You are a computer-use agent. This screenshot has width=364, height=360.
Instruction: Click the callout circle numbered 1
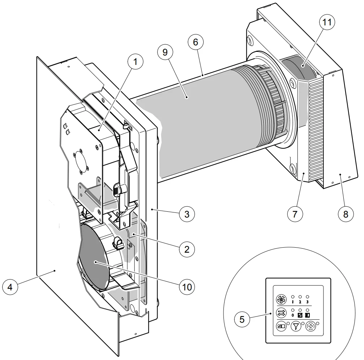135,62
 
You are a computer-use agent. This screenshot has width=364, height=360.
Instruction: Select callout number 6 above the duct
196,42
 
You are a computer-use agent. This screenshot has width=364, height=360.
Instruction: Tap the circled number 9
165,53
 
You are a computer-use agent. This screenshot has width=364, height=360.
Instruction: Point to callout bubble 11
327,22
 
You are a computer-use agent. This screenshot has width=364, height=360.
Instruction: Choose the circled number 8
346,214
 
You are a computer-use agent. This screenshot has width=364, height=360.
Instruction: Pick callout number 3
187,214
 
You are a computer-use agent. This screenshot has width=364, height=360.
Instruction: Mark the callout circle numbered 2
187,249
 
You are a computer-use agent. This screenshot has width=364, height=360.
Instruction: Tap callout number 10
187,287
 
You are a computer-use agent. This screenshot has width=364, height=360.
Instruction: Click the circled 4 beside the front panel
10,287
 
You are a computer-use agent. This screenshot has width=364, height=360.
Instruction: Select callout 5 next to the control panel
242,319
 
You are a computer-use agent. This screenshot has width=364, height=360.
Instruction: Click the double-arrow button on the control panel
281,312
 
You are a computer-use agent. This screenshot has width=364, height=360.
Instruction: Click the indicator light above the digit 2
300,296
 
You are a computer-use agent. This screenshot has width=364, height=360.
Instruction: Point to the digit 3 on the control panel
308,302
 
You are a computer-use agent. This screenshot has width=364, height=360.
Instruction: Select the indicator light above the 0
293,310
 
